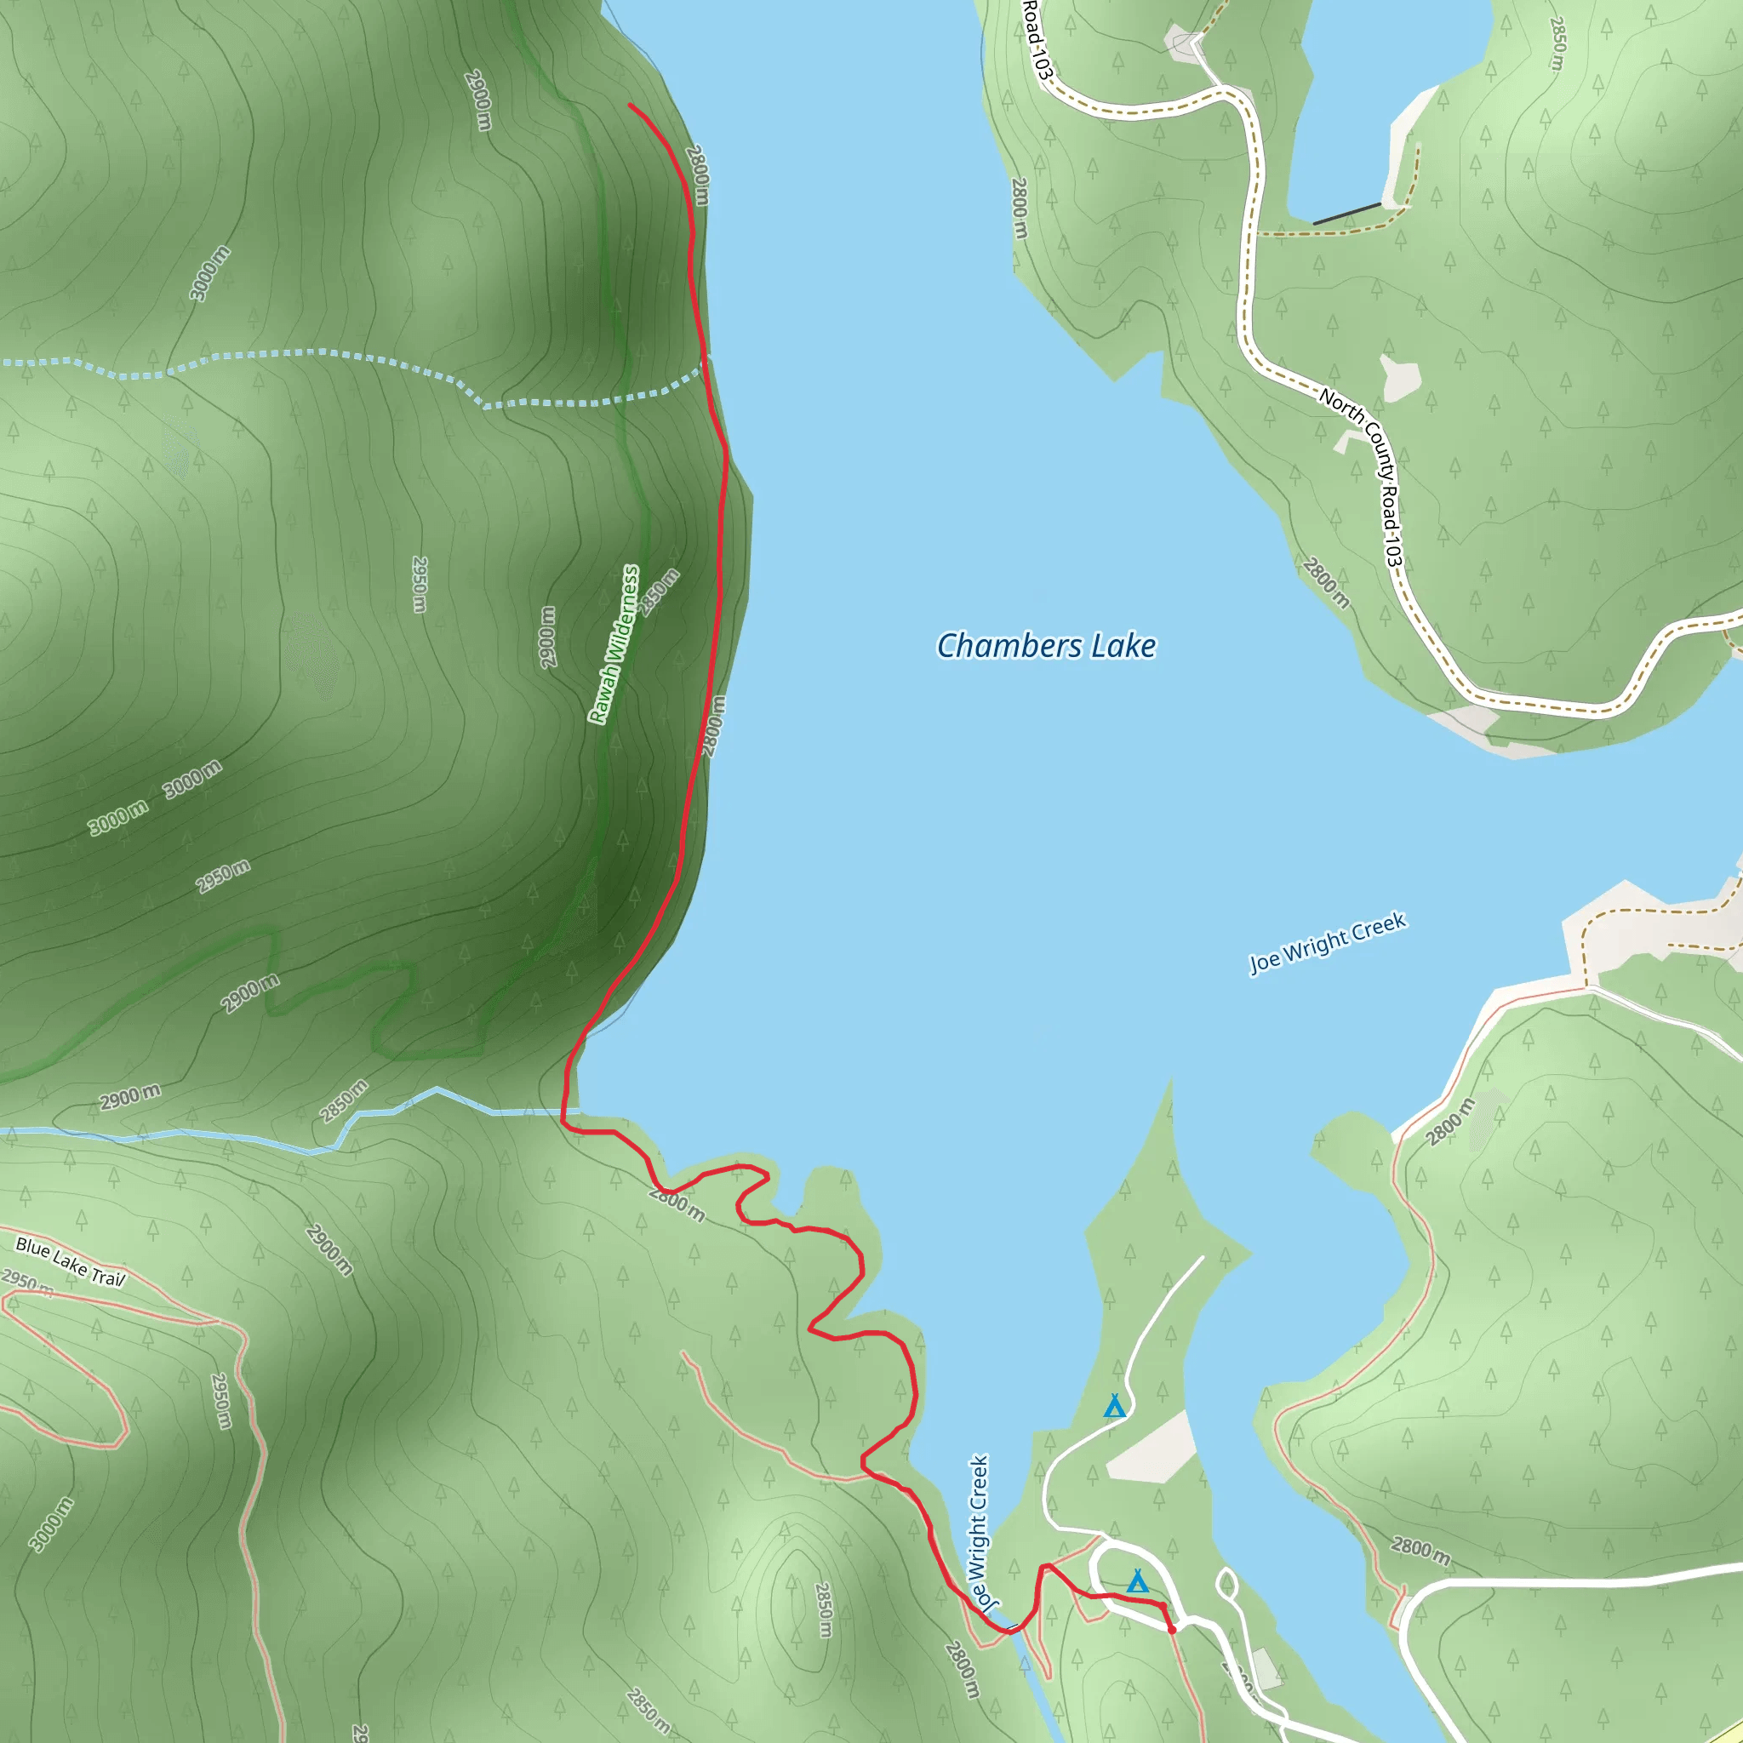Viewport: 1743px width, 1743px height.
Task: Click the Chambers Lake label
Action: [x=1046, y=646]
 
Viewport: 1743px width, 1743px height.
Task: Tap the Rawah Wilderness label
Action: [x=614, y=644]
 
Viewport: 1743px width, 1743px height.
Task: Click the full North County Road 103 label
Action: [x=1362, y=479]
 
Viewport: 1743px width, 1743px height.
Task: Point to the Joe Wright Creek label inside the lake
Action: [x=1327, y=943]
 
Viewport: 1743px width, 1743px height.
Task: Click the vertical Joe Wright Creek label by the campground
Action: [x=980, y=1532]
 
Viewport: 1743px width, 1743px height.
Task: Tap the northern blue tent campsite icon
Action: [x=1115, y=1407]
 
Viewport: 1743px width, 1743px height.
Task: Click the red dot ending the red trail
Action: [x=1172, y=1630]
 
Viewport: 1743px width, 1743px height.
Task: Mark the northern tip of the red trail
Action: [x=630, y=106]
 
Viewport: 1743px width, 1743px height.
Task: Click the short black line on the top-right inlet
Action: [x=1347, y=214]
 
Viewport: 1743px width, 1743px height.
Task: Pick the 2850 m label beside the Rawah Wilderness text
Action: [x=659, y=591]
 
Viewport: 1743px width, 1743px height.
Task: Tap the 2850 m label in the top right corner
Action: [x=1557, y=43]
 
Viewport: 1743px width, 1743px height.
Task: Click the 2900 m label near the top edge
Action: [x=478, y=100]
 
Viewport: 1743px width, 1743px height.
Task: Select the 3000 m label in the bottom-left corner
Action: [x=50, y=1523]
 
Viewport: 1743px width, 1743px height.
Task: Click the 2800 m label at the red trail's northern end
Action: [x=697, y=175]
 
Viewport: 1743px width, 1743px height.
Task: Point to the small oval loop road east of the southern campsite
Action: [x=1227, y=1585]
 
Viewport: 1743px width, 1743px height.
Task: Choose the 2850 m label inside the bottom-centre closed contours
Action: [x=823, y=1609]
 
